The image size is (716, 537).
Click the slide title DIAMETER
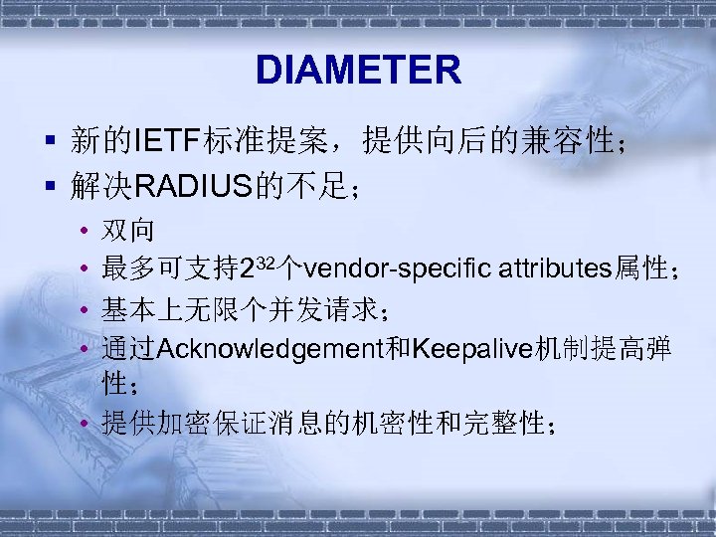tap(358, 71)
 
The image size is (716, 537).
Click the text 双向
tap(128, 230)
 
